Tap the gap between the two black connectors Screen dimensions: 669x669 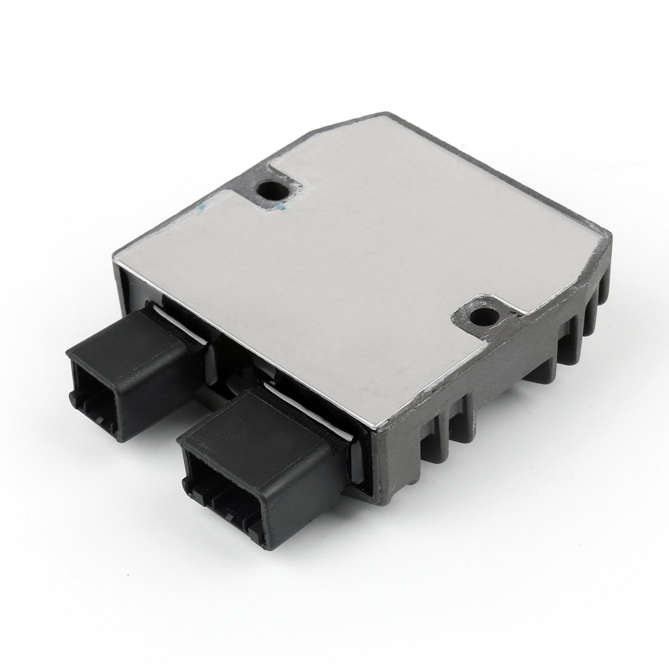tap(213, 389)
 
